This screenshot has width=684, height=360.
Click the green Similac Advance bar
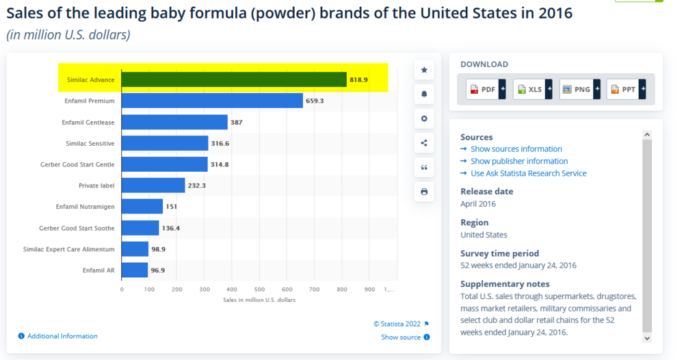[234, 79]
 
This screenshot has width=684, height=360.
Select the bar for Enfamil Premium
[212, 101]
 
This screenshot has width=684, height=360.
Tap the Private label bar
[153, 185]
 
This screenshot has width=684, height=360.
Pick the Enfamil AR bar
[135, 270]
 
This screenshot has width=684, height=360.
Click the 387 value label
[236, 123]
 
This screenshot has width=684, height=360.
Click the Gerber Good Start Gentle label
[77, 165]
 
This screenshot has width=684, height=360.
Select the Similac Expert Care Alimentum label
[68, 249]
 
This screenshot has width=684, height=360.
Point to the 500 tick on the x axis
[260, 290]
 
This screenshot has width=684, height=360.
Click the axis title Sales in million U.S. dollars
[259, 300]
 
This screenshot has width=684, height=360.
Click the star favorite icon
[424, 70]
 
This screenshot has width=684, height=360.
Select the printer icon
[424, 192]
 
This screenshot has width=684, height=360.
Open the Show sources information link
[516, 149]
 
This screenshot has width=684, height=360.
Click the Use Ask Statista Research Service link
[528, 174]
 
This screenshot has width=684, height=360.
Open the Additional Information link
[62, 336]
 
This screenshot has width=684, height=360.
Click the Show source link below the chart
[401, 337]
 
